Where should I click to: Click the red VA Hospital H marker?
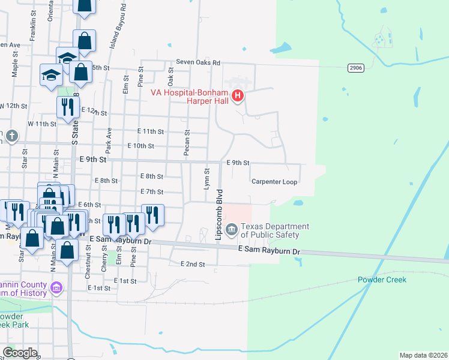[238, 95]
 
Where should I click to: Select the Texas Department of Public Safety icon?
[235, 227]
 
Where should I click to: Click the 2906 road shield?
[355, 68]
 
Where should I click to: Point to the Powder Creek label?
[382, 280]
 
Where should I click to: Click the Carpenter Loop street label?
[274, 181]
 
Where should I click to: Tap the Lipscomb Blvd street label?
[220, 215]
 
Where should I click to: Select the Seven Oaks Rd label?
[198, 62]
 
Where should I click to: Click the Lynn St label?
[206, 179]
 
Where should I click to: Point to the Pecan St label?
[187, 144]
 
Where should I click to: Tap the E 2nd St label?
[193, 264]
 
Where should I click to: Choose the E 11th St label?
[150, 131]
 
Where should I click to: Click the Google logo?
[20, 353]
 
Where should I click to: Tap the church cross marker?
[11, 136]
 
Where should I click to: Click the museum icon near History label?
[56, 289]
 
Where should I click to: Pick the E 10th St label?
[141, 146]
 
